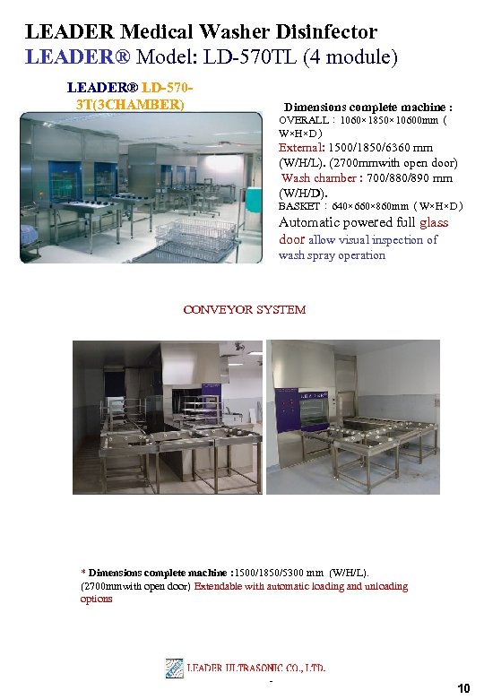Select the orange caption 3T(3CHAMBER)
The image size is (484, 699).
point(131,104)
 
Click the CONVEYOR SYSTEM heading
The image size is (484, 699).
point(244,310)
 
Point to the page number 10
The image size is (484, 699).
point(463,688)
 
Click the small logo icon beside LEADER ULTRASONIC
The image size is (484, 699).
point(175,668)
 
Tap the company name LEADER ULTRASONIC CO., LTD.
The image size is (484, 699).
point(256,669)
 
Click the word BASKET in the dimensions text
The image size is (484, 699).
point(298,206)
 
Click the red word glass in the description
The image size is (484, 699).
point(434,222)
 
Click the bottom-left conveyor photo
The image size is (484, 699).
point(168,417)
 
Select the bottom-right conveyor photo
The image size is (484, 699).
point(358,417)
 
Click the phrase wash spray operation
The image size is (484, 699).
point(333,255)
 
